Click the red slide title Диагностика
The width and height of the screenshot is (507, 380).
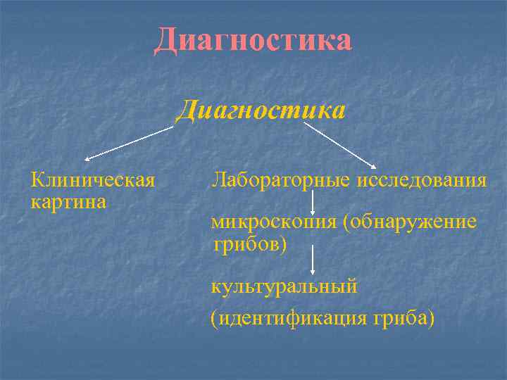coord(253,39)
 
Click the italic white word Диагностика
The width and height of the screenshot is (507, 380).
coord(261,110)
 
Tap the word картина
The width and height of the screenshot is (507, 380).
coord(68,202)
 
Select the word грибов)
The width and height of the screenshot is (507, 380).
coord(251,244)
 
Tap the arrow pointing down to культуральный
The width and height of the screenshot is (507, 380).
coord(313,262)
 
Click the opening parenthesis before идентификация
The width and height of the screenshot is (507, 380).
coord(214,319)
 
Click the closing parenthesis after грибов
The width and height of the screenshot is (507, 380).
coord(284,245)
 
